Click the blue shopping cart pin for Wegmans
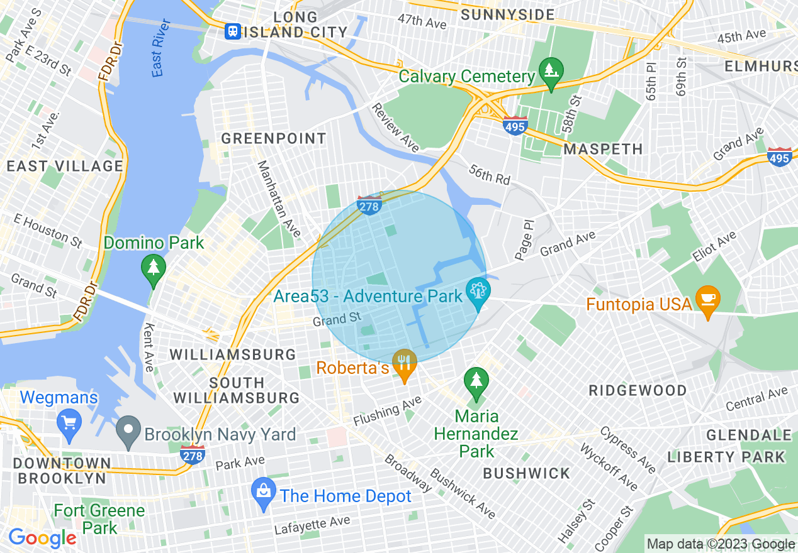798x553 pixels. click(x=69, y=422)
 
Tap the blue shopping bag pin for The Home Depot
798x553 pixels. click(x=264, y=493)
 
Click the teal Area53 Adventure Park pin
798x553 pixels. click(x=478, y=292)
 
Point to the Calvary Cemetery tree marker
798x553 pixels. click(x=551, y=72)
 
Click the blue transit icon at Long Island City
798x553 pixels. click(x=233, y=31)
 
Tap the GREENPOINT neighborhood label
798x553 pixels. click(x=274, y=138)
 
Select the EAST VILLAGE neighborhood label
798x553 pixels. click(x=65, y=166)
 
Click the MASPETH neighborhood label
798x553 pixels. click(x=603, y=149)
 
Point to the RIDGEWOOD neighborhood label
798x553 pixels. click(x=638, y=390)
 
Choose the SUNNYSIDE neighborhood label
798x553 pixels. click(x=508, y=14)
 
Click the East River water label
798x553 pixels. click(x=161, y=48)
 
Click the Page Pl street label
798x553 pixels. click(x=524, y=239)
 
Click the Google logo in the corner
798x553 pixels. click(x=42, y=538)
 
